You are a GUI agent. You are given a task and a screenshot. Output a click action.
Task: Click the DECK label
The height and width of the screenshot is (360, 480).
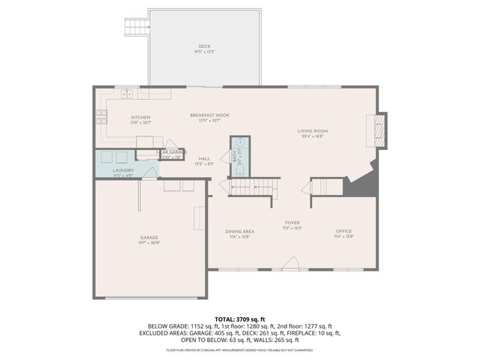click(205, 46)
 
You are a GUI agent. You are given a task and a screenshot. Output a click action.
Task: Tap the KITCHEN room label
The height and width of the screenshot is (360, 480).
click(141, 117)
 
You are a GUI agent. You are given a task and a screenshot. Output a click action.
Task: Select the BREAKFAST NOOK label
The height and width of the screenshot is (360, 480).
click(209, 115)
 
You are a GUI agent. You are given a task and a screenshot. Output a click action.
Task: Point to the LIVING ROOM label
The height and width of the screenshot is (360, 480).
click(314, 130)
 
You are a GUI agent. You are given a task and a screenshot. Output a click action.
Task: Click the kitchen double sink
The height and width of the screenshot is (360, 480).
click(127, 94)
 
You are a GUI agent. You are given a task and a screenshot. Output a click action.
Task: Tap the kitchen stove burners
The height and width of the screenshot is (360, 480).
click(100, 115)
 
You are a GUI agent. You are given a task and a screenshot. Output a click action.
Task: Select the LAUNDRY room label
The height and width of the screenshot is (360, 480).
click(123, 170)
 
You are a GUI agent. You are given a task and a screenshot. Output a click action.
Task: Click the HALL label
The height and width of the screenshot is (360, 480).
click(204, 158)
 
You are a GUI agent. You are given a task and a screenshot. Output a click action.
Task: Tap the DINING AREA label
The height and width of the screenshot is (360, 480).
click(240, 231)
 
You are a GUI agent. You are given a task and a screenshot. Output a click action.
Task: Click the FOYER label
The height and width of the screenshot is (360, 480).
click(292, 223)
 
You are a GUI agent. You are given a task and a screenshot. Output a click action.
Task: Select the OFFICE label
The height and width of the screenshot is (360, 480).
click(344, 230)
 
